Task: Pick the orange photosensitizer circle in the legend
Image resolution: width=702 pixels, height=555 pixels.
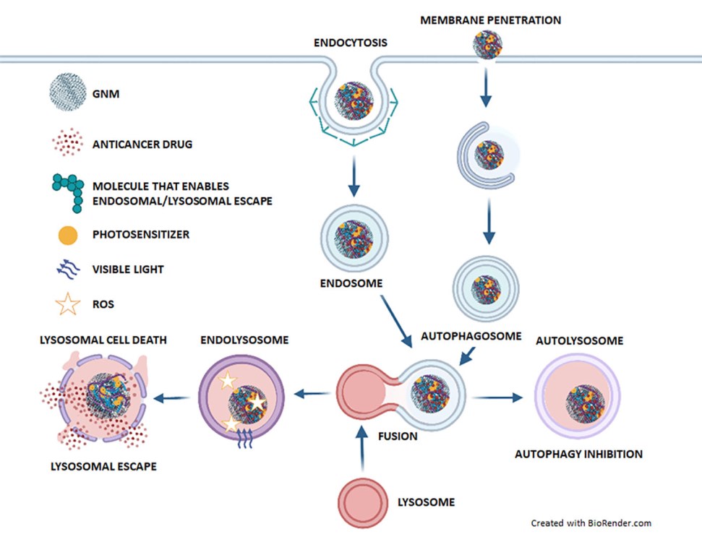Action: coord(67,236)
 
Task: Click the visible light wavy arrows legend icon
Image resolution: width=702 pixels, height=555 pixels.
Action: coord(67,270)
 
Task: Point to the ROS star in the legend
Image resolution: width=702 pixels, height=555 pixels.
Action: coord(67,304)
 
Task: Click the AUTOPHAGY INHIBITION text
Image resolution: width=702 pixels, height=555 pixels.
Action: coord(578,455)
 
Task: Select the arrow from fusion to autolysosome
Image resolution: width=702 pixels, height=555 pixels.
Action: coord(497,397)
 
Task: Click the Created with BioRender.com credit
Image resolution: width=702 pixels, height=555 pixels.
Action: coord(592,522)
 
